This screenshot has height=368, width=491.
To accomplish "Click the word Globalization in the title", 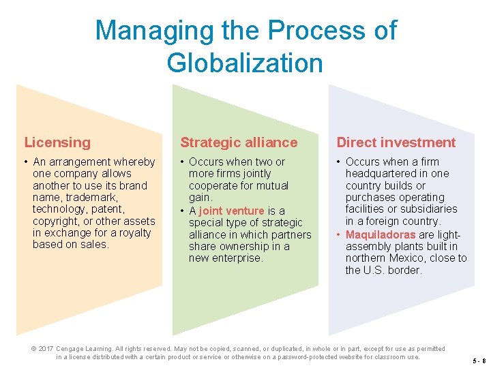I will (244, 63).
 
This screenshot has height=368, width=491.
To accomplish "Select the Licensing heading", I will (57, 142).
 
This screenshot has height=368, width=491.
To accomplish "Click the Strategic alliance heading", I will (239, 142).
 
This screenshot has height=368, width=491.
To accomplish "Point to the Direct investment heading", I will (396, 142).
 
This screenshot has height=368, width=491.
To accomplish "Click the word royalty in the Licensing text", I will (136, 232).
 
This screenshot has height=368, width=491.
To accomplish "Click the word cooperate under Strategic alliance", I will (213, 185).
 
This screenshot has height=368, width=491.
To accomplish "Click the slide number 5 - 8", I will (479, 361).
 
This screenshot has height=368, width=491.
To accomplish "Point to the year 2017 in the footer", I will (46, 349).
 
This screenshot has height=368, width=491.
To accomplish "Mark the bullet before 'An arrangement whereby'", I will (25, 162).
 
